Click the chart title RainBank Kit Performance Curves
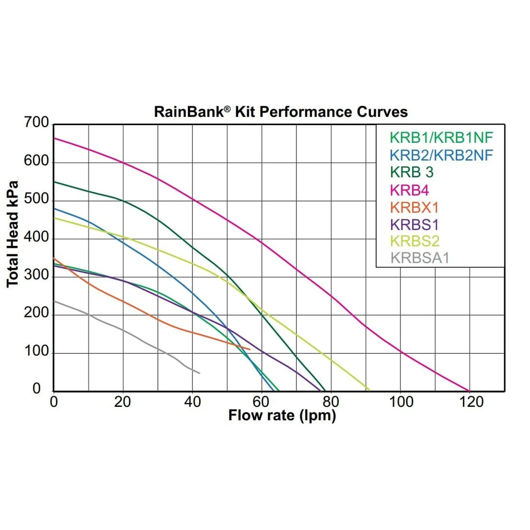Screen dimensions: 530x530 point(281,112)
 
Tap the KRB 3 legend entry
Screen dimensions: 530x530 point(412,172)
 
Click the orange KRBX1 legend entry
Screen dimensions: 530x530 point(414,207)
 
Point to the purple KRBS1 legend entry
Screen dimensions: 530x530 point(414,224)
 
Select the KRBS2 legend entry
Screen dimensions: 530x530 point(415,241)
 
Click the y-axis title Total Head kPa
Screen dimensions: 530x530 point(13,235)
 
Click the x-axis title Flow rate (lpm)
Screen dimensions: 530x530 point(282,416)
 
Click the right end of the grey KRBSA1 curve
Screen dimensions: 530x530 point(200,373)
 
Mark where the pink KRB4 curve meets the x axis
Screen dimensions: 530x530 point(470,391)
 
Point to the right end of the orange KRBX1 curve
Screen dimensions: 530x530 point(250,349)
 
